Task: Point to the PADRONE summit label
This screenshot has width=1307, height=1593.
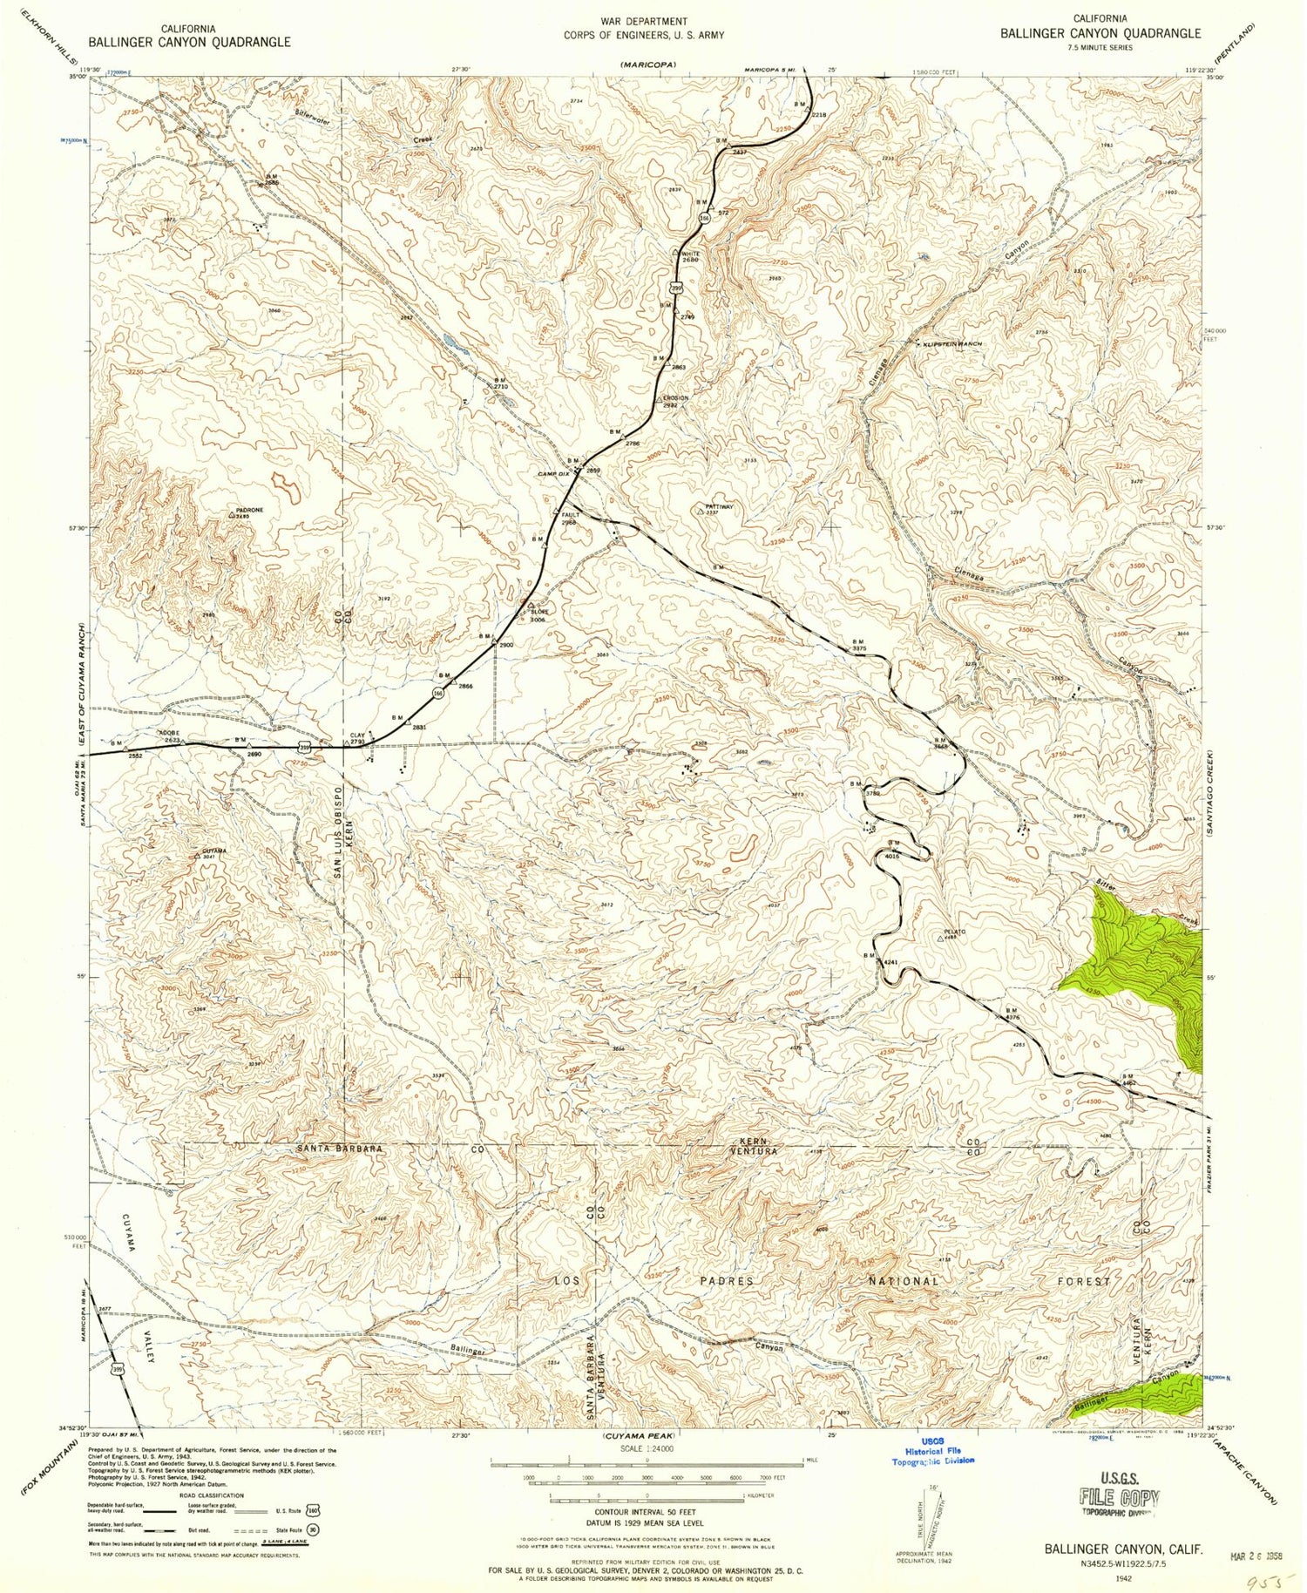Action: [248, 511]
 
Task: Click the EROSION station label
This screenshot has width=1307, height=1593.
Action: [675, 398]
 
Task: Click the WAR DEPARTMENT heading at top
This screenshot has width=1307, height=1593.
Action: [644, 21]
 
